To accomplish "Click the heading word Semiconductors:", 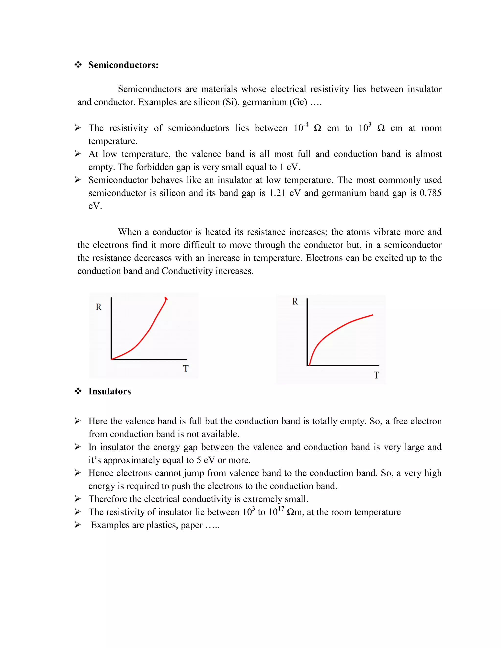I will click(x=124, y=65).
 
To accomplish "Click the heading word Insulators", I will click(x=110, y=391).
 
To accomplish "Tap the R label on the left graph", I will click(x=99, y=307).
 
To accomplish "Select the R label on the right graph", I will click(x=295, y=302).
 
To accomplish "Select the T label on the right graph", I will click(x=376, y=375).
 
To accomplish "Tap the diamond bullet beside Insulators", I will click(x=78, y=391).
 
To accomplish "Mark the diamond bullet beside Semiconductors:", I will click(x=78, y=65).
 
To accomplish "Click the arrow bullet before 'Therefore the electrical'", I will click(x=78, y=499).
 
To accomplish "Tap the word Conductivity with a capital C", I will click(x=187, y=271).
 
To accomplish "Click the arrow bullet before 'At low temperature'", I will click(x=78, y=154).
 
